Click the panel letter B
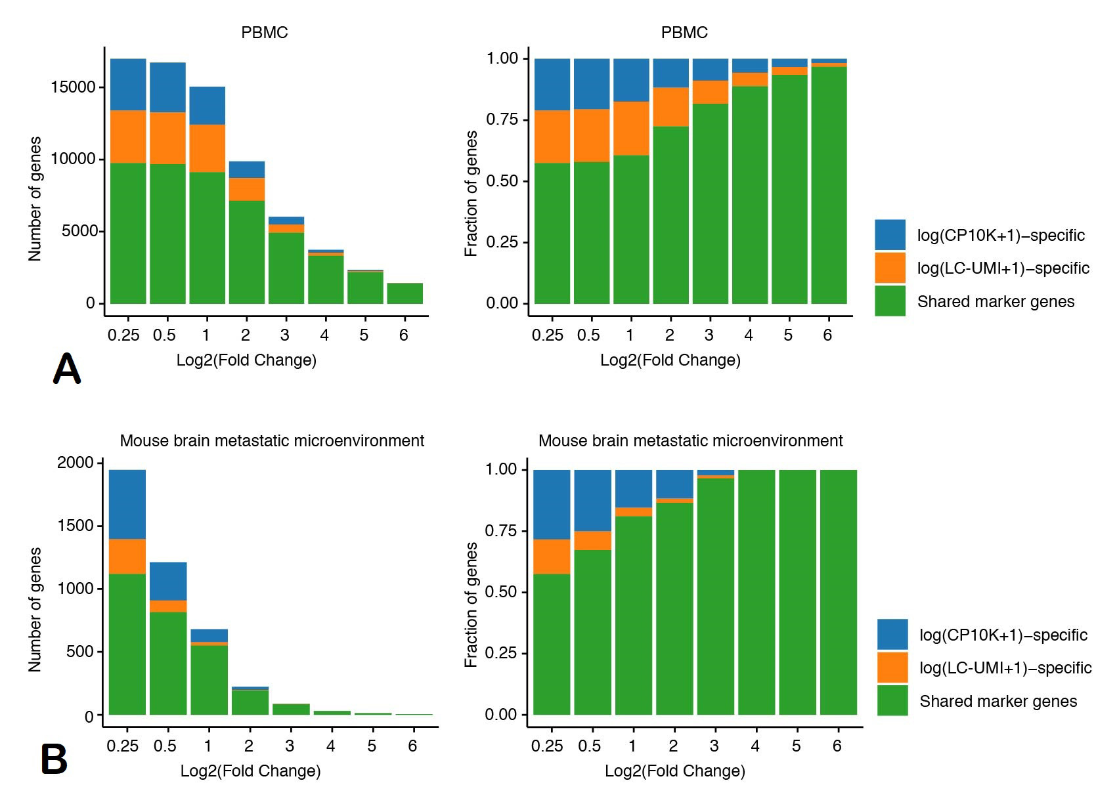54,759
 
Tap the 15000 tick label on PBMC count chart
73,87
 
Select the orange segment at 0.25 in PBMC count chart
128,137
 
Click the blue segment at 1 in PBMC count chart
208,106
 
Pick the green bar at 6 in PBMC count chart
405,293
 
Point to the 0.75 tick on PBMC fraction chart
502,119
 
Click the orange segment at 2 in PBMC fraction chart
671,107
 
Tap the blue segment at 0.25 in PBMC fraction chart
552,85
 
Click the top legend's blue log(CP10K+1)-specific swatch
890,235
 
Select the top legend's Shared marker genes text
996,301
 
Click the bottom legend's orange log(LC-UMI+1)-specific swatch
892,667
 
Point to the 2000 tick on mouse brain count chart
76,462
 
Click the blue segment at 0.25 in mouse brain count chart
127,504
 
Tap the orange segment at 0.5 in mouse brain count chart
168,606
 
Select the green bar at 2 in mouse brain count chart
250,702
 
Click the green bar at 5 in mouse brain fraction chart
797,592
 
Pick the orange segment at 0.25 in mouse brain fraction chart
552,557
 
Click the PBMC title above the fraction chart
684,32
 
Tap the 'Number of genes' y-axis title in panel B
35,609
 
